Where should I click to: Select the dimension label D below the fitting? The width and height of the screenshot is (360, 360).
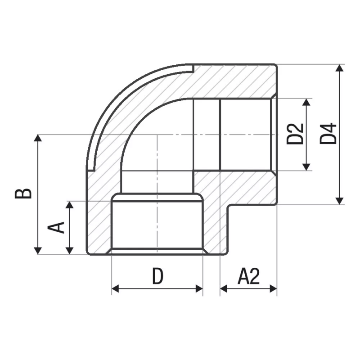tap(157, 276)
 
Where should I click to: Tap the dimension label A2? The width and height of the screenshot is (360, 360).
tap(248, 276)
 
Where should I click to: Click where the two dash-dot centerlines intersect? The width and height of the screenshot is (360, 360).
tap(157, 134)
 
